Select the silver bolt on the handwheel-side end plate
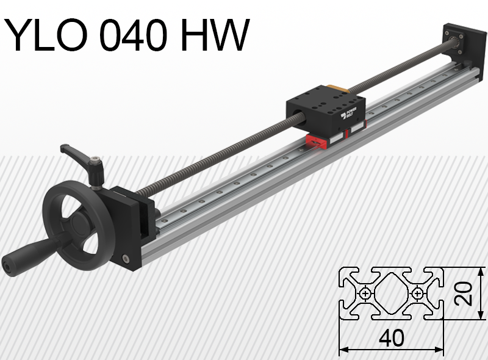tap(126, 259)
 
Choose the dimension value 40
tap(391, 337)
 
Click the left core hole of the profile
tap(365, 294)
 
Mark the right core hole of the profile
tap(417, 294)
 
